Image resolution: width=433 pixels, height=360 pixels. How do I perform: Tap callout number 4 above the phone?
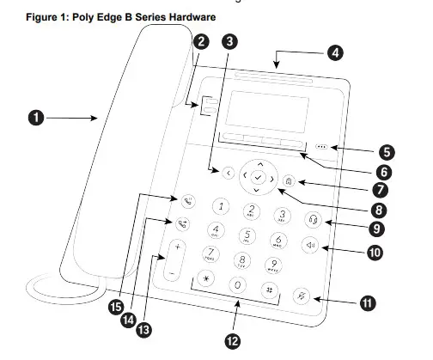[x=334, y=52]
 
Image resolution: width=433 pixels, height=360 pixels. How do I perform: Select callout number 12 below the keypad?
[x=230, y=340]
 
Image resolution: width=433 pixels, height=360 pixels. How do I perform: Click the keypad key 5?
[x=247, y=235]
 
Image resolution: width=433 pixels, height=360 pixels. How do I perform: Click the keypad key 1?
[x=222, y=205]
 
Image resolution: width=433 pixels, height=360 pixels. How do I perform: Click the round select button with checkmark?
[x=258, y=176]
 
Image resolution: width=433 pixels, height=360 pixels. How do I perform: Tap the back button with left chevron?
[x=227, y=173]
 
